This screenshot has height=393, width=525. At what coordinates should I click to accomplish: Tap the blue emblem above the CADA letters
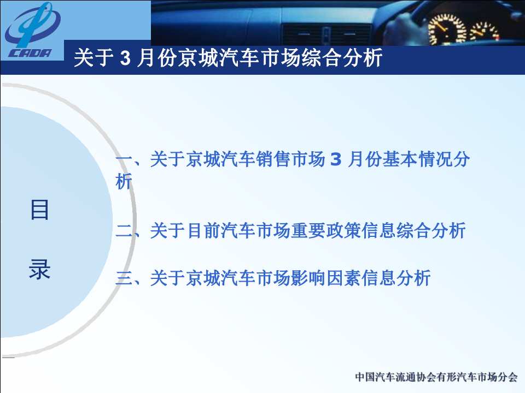33,25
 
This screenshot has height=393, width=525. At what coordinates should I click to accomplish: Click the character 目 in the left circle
39,210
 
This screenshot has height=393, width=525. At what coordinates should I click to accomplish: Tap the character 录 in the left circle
39,270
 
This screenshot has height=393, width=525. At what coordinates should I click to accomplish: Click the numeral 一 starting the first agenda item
124,160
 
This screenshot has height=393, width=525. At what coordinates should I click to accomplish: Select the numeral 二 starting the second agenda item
124,231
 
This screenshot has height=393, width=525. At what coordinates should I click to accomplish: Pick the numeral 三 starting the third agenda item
124,278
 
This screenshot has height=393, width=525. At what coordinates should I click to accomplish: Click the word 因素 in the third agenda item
344,278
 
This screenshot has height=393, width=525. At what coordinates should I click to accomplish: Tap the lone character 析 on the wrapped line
124,181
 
